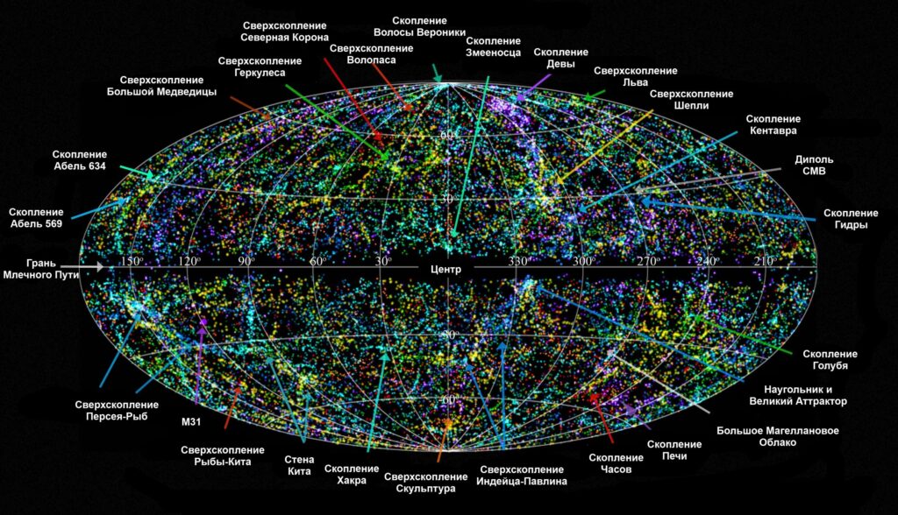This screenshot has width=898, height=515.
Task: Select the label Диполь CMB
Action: (x=814, y=166)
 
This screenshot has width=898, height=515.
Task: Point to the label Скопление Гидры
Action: (x=851, y=219)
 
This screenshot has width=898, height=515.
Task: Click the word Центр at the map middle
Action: (x=446, y=269)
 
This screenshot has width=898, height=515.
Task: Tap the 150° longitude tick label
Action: (x=132, y=261)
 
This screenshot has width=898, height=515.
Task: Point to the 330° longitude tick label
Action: (x=518, y=261)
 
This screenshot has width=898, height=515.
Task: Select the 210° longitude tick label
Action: (x=764, y=261)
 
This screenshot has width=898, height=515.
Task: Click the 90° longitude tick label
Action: (x=245, y=261)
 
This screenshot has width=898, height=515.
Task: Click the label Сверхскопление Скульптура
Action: (x=419, y=483)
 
